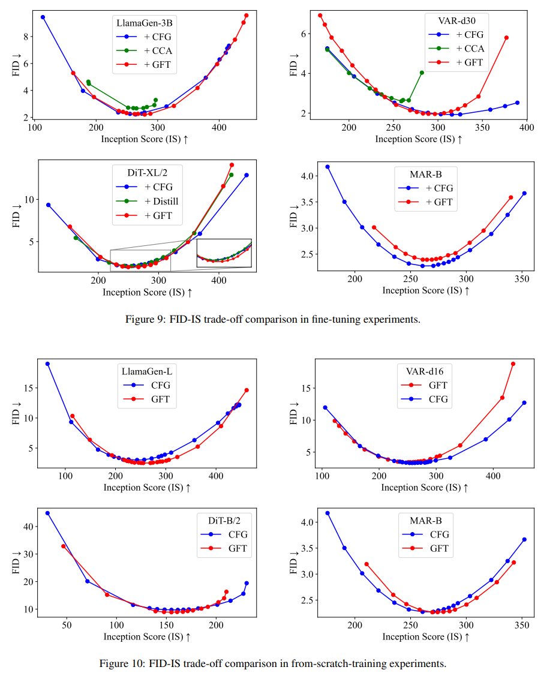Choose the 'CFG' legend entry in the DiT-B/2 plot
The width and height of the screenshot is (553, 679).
[x=230, y=534]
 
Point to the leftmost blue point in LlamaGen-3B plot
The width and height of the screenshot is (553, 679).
[x=43, y=17]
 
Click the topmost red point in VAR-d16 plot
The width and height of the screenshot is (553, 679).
[x=513, y=364]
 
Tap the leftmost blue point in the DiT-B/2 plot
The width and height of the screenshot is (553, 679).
[x=47, y=513]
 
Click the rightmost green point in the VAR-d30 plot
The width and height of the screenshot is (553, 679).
[x=422, y=73]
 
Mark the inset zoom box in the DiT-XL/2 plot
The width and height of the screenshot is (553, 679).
[x=224, y=253]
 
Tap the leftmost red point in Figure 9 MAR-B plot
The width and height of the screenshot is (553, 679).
[x=374, y=227]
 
